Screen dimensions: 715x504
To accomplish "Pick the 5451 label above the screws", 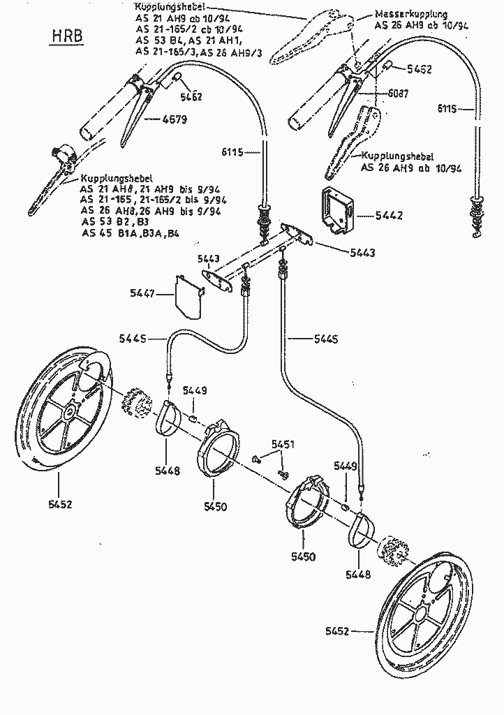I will click(283, 444).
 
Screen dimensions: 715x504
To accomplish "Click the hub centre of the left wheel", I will click(71, 414).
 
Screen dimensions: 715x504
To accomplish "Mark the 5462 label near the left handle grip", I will click(190, 97).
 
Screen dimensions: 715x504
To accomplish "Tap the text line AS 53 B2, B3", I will click(112, 222).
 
